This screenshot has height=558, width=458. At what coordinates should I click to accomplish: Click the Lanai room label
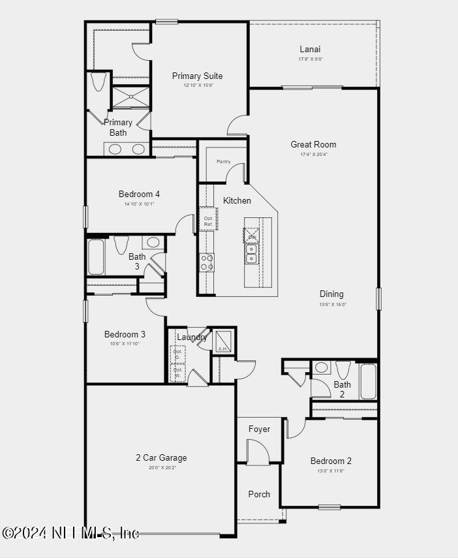tap(310, 49)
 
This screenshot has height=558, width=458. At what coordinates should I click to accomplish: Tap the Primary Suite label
tap(197, 76)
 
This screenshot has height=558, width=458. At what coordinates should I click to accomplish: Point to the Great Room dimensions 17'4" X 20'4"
tap(313, 154)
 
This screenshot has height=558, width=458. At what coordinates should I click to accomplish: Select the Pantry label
tap(224, 161)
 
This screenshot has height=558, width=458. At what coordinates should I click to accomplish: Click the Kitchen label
tap(237, 200)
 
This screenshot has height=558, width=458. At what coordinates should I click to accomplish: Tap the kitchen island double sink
tap(251, 254)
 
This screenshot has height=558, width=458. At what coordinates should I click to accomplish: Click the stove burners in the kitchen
tap(207, 262)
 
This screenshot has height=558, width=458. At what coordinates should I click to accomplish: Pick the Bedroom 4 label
tap(139, 194)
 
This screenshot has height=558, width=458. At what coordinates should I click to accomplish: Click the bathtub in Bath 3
tap(96, 257)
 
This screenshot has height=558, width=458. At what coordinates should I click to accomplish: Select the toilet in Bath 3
tap(121, 245)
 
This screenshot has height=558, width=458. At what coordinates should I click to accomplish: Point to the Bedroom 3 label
tap(125, 334)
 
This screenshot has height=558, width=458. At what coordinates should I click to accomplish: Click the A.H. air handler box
tap(224, 340)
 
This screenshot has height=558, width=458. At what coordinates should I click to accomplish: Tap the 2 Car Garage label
tap(161, 457)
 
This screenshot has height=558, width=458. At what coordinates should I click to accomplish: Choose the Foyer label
tap(259, 429)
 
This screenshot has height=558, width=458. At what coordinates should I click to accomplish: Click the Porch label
tap(259, 494)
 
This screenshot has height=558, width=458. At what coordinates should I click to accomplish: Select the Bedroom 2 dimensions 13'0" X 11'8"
tap(331, 471)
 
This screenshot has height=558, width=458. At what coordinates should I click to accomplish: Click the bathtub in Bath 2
tap(368, 381)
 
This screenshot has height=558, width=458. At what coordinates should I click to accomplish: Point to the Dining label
tap(331, 294)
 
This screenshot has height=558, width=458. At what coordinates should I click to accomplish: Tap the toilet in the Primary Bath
tap(99, 82)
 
